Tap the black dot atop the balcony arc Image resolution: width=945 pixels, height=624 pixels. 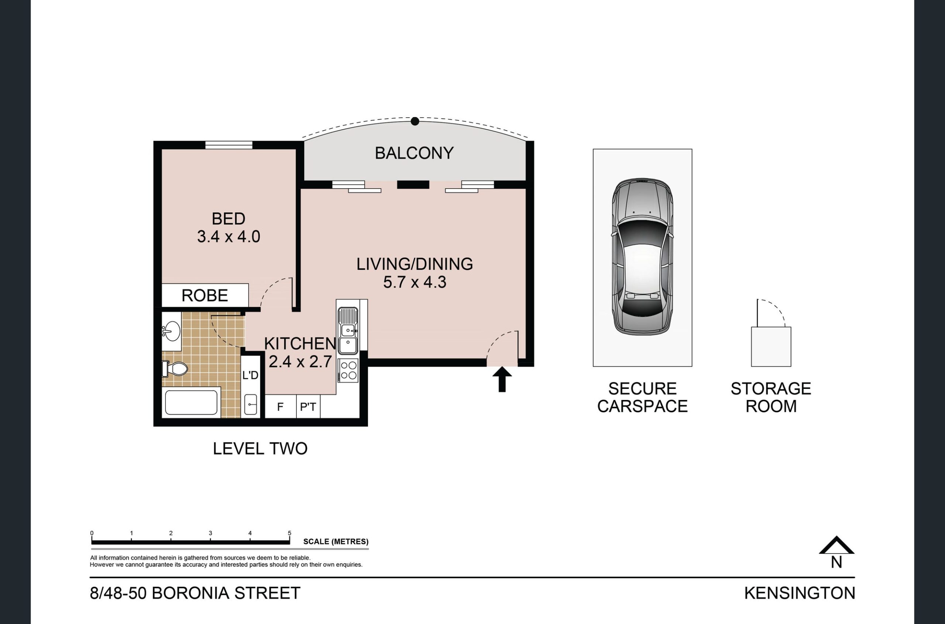point(415,121)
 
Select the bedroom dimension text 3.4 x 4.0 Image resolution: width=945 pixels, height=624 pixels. point(228,237)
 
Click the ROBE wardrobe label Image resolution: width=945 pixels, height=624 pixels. point(205,296)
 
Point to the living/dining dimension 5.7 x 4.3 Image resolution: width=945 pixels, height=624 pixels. point(415,282)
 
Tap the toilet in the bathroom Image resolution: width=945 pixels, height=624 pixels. point(174,369)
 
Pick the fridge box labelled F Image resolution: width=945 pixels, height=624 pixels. point(281,406)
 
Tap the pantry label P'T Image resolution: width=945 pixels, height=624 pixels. point(308,407)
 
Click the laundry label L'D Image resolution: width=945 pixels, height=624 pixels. point(250,375)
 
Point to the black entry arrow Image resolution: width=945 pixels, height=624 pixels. point(502,379)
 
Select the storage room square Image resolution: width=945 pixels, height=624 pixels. point(771,347)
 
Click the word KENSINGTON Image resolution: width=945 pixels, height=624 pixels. point(800,593)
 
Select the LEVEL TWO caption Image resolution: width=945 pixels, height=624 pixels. point(260,449)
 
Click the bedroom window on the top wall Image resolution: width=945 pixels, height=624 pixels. point(229,145)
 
